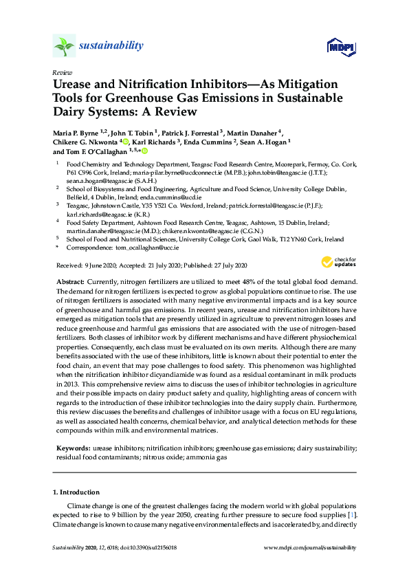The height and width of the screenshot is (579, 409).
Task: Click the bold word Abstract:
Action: [69, 283]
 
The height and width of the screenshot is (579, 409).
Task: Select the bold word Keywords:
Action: [72, 448]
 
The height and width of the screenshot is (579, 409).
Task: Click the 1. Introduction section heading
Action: [76, 492]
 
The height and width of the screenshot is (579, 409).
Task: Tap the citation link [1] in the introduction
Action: [352, 514]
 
